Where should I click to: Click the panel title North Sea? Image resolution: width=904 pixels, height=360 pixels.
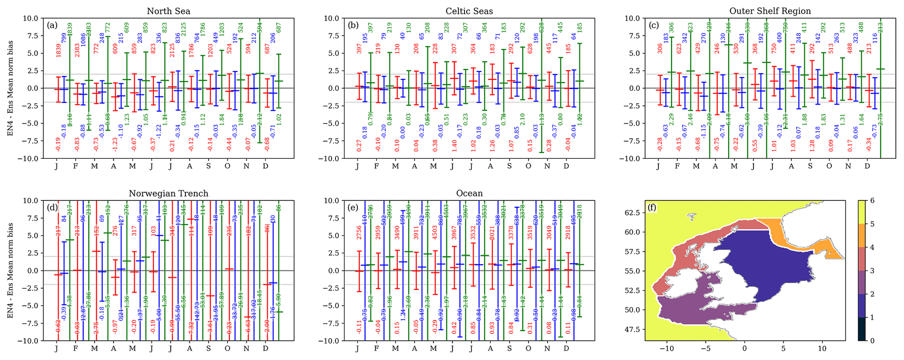(168, 11)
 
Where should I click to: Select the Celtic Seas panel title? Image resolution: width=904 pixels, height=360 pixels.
(469, 11)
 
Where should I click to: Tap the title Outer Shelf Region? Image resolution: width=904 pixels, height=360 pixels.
(770, 11)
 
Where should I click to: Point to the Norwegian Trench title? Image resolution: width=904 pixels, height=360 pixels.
(168, 193)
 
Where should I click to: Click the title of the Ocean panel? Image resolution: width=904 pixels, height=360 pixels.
(469, 193)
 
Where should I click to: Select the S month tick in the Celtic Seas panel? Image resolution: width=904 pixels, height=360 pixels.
(509, 166)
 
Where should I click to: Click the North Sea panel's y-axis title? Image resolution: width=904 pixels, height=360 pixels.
(10, 88)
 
